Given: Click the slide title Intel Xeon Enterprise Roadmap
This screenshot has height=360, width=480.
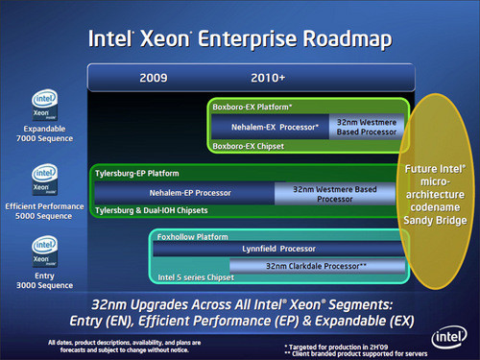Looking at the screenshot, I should [240, 39].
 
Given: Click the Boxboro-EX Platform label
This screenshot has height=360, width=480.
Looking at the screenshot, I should [252, 108].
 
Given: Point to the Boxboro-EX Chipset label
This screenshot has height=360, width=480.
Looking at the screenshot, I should [249, 145].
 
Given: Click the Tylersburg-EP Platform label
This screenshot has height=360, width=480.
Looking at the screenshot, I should [137, 174].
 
